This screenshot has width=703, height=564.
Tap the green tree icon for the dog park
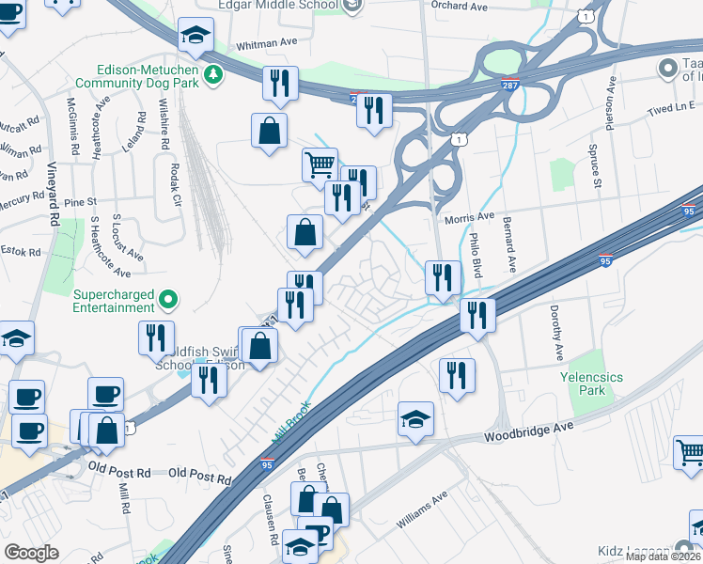coord(214,73)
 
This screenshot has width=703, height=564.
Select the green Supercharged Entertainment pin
coord(168,300)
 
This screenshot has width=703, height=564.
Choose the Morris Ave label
coord(469,218)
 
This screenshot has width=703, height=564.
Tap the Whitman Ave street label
coord(266,42)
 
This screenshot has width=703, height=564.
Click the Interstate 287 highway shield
coord(509,85)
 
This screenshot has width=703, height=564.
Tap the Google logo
coord(31,552)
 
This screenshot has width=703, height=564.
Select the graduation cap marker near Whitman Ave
coord(195,37)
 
